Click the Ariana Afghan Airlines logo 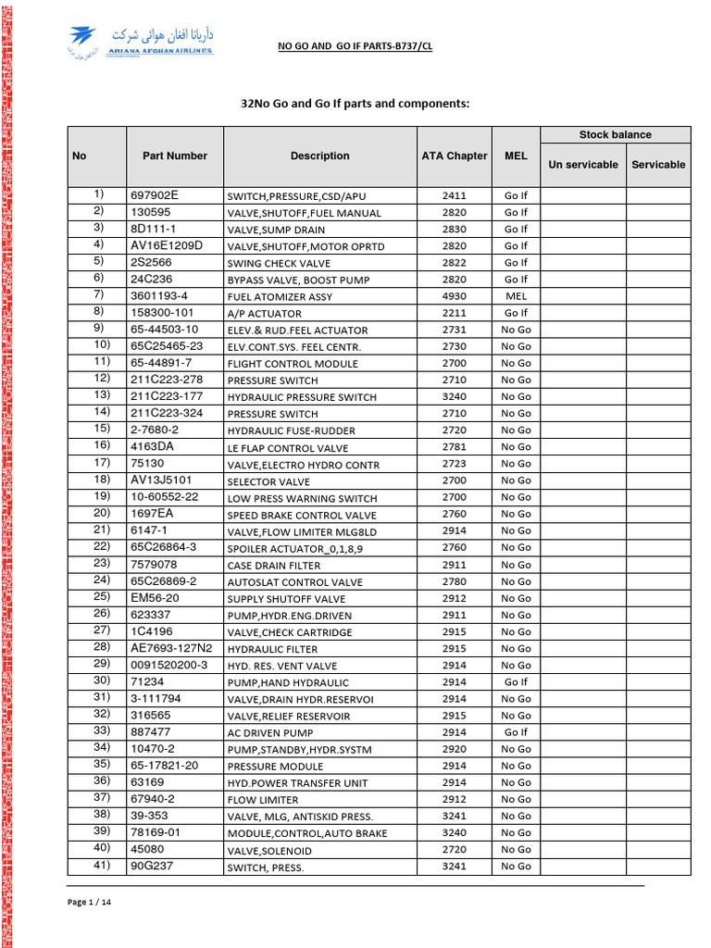[x=141, y=43]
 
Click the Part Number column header [x=175, y=156]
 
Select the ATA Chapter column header [x=454, y=156]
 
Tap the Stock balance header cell [x=615, y=135]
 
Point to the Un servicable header [x=583, y=165]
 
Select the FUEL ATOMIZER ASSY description [x=280, y=297]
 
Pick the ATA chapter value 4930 [x=455, y=296]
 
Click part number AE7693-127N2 [x=171, y=648]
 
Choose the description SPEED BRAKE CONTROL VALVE [x=302, y=516]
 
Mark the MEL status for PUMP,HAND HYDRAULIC [x=516, y=682]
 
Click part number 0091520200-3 [x=169, y=665]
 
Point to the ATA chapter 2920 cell [x=455, y=749]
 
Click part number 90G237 [x=153, y=866]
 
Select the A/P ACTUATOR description [x=265, y=314]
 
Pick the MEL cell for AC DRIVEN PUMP [x=516, y=732]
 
